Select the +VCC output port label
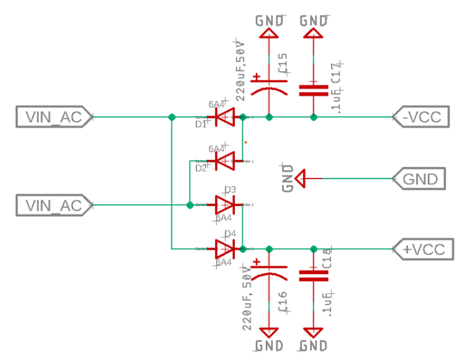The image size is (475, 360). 423,249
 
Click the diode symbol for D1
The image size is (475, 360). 225,117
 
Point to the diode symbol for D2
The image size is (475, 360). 225,161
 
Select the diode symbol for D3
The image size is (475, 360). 225,205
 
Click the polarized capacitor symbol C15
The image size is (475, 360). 269,85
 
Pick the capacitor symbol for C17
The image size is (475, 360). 313,89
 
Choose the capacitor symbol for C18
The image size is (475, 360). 313,275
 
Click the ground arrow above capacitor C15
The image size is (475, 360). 269,32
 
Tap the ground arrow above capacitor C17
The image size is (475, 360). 313,32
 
